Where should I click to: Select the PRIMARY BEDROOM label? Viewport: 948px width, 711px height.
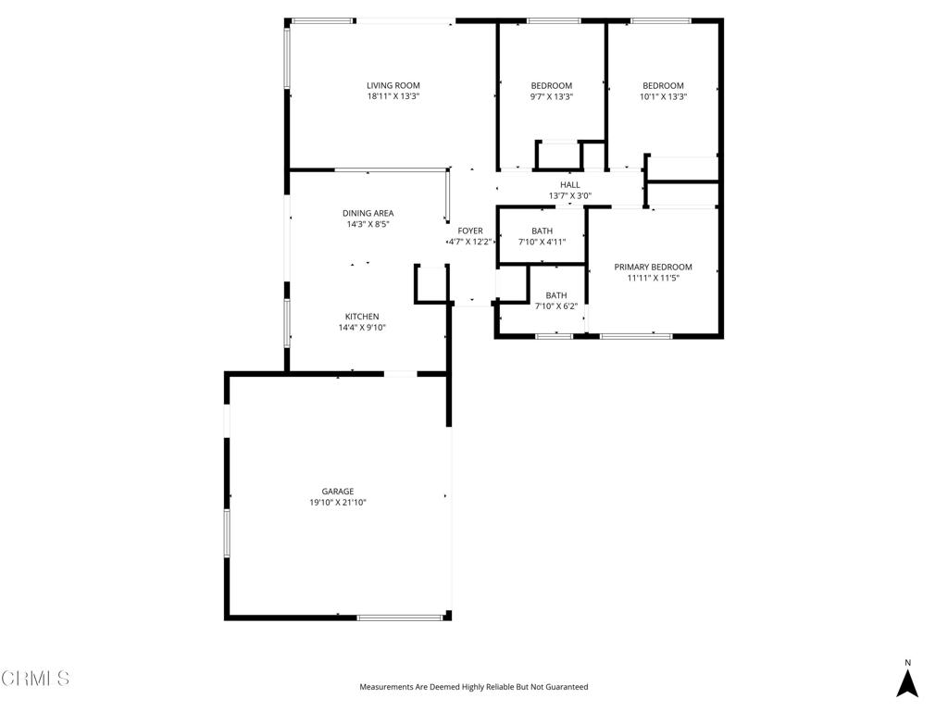pos(653,268)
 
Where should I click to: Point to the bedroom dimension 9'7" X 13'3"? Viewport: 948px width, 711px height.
pos(551,96)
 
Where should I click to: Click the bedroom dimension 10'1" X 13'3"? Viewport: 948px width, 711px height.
pos(663,96)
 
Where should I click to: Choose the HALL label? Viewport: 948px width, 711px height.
pos(569,185)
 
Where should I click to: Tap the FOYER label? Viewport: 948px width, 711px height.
pos(470,231)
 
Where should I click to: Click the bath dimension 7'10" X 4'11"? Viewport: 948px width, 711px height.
pos(542,243)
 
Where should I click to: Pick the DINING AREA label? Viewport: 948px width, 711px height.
pos(368,213)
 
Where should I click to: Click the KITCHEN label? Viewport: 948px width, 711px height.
pos(362,317)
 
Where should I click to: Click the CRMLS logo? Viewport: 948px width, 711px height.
pos(35,679)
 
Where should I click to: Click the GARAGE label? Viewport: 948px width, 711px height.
pos(338,492)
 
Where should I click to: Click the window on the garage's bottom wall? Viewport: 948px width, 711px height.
pos(400,617)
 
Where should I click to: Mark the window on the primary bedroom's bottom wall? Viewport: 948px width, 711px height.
pos(636,336)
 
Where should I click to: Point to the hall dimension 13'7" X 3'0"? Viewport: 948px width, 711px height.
pos(569,196)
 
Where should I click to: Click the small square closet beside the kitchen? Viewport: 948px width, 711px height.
pos(431,284)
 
